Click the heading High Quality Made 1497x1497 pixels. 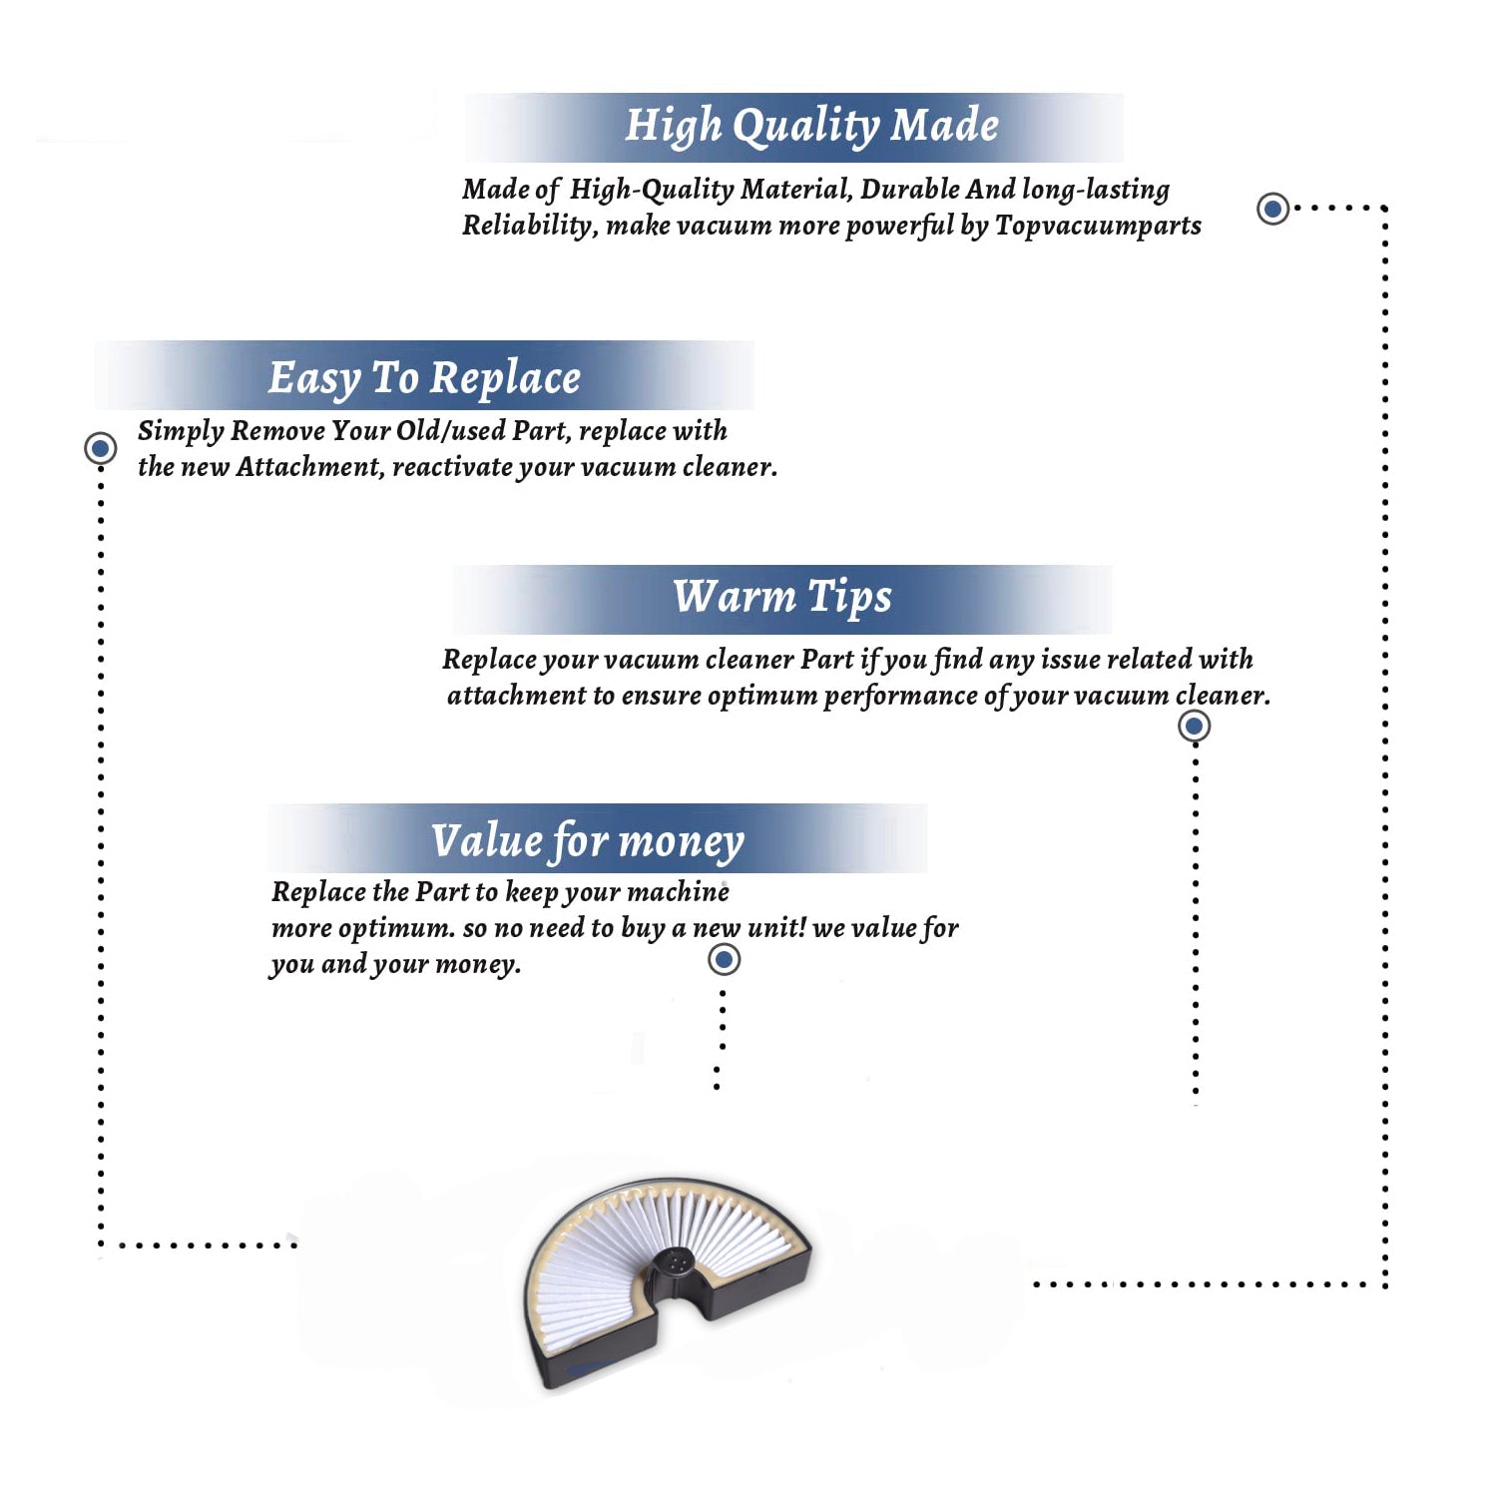coord(811,127)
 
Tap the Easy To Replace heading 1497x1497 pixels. coord(424,379)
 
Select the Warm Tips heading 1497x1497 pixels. coord(781,598)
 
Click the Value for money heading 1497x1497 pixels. coord(588,841)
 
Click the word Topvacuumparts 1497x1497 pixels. coord(1098,227)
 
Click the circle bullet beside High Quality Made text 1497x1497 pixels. coord(1272,209)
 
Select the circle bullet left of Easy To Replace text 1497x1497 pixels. coord(100,448)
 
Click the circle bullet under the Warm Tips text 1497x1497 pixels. coord(1194,726)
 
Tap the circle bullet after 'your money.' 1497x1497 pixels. coord(724,960)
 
